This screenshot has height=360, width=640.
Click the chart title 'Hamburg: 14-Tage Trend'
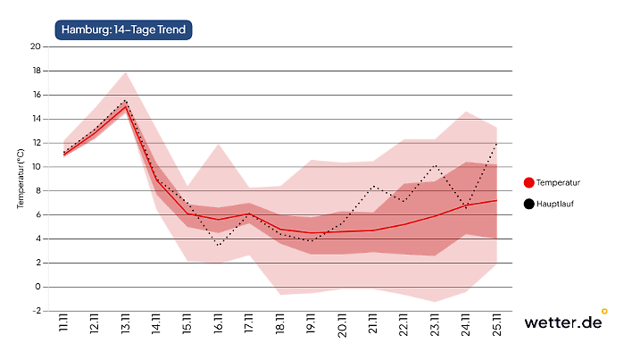click(x=124, y=30)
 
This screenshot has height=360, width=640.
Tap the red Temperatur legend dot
click(x=529, y=182)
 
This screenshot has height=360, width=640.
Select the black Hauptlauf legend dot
click(x=529, y=205)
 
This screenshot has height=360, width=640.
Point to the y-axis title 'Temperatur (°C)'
click(x=20, y=179)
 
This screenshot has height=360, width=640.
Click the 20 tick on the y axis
click(x=35, y=46)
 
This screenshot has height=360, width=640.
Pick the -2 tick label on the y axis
click(x=35, y=311)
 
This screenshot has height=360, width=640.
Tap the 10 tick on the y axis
click(x=35, y=167)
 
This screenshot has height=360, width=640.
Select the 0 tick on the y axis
click(x=37, y=287)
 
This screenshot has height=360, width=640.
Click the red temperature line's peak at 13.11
click(x=126, y=105)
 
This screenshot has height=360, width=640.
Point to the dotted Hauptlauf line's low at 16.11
click(x=219, y=245)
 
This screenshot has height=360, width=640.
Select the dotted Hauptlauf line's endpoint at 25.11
click(x=496, y=142)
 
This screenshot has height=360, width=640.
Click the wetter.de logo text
click(x=561, y=322)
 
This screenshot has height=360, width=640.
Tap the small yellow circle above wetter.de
click(x=604, y=312)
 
